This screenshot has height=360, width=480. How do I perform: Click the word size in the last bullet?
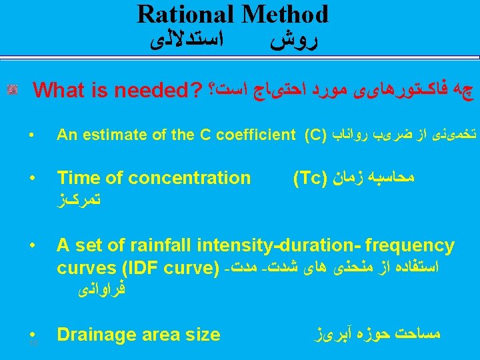(203, 334)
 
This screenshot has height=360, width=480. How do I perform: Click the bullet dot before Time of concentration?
(31, 179)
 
